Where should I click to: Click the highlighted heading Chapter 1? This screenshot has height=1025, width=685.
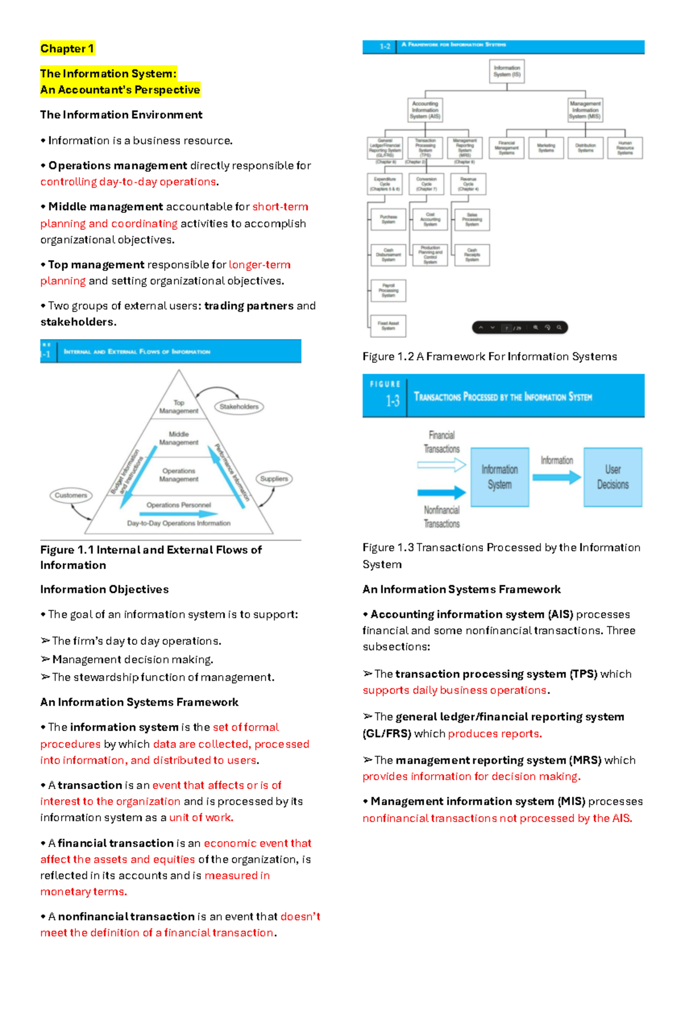click(x=67, y=49)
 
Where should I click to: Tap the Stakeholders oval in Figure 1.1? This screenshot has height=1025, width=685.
click(x=239, y=406)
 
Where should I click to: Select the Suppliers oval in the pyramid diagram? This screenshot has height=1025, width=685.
click(x=274, y=479)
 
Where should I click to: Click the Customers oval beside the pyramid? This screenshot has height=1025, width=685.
click(x=71, y=495)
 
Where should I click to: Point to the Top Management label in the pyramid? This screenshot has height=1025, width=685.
click(x=179, y=406)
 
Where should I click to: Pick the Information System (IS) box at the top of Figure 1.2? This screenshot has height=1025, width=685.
click(x=507, y=71)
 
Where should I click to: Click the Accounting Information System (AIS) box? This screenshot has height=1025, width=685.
click(x=425, y=110)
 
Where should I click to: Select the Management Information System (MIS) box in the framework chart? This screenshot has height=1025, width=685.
click(x=585, y=110)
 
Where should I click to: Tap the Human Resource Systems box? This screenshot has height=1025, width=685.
click(x=625, y=148)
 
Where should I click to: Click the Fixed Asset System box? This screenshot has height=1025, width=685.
click(x=388, y=326)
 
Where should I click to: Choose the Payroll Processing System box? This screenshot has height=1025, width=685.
click(x=388, y=290)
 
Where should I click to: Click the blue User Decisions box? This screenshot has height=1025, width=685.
click(x=613, y=477)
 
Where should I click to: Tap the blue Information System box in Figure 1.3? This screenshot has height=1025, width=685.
click(x=499, y=477)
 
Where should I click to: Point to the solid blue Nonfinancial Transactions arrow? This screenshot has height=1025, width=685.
click(x=441, y=492)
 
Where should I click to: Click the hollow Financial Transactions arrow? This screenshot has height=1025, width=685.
click(x=441, y=465)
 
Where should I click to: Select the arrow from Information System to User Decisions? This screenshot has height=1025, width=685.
click(x=557, y=478)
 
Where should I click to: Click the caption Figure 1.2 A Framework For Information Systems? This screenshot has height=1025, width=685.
click(x=489, y=357)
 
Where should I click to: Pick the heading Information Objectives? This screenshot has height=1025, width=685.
click(x=104, y=590)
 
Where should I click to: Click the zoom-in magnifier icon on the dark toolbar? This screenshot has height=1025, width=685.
click(x=535, y=328)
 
